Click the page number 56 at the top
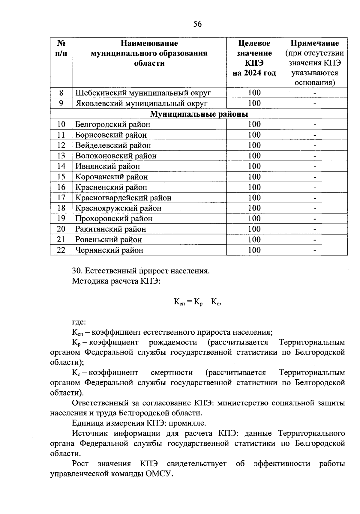(x=197, y=24)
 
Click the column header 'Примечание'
(x=315, y=43)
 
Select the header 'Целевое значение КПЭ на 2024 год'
(x=254, y=58)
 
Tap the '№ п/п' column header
(x=61, y=48)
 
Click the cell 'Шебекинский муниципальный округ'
(x=143, y=93)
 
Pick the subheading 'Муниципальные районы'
(x=199, y=114)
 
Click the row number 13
(x=61, y=156)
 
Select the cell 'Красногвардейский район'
(x=123, y=198)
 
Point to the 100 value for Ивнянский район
(x=254, y=166)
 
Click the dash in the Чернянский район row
(x=315, y=251)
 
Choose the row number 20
(x=61, y=229)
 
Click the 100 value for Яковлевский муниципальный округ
(x=254, y=103)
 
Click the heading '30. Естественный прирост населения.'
(x=141, y=271)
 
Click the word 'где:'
(x=79, y=322)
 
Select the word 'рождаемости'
(x=173, y=342)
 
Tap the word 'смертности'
(x=172, y=372)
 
